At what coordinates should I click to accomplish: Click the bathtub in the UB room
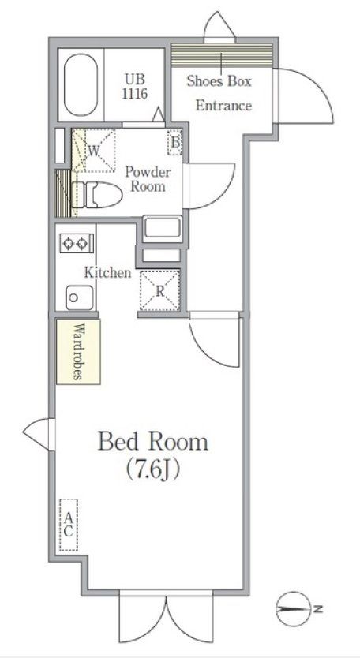pyautogui.click(x=81, y=84)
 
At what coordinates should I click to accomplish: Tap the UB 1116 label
pyautogui.click(x=135, y=86)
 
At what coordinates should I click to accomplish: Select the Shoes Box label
pyautogui.click(x=219, y=80)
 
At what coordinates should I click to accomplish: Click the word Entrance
pyautogui.click(x=223, y=106)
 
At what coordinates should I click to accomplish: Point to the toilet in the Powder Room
pyautogui.click(x=96, y=195)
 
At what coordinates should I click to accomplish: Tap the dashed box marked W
pyautogui.click(x=94, y=150)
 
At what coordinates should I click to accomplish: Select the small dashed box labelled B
pyautogui.click(x=174, y=143)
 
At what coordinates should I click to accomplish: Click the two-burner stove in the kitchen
pyautogui.click(x=77, y=242)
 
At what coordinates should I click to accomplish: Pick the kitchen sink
pyautogui.click(x=80, y=297)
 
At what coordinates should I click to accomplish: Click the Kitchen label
pyautogui.click(x=108, y=273)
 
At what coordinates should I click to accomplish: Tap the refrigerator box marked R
pyautogui.click(x=159, y=291)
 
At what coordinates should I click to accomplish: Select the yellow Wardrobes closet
pyautogui.click(x=79, y=352)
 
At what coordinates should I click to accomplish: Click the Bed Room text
pyautogui.click(x=153, y=442)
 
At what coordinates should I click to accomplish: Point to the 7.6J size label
pyautogui.click(x=153, y=470)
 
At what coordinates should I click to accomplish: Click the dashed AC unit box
pyautogui.click(x=69, y=525)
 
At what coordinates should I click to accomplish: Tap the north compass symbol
pyautogui.click(x=293, y=608)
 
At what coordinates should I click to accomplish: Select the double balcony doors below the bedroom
pyautogui.click(x=167, y=619)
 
